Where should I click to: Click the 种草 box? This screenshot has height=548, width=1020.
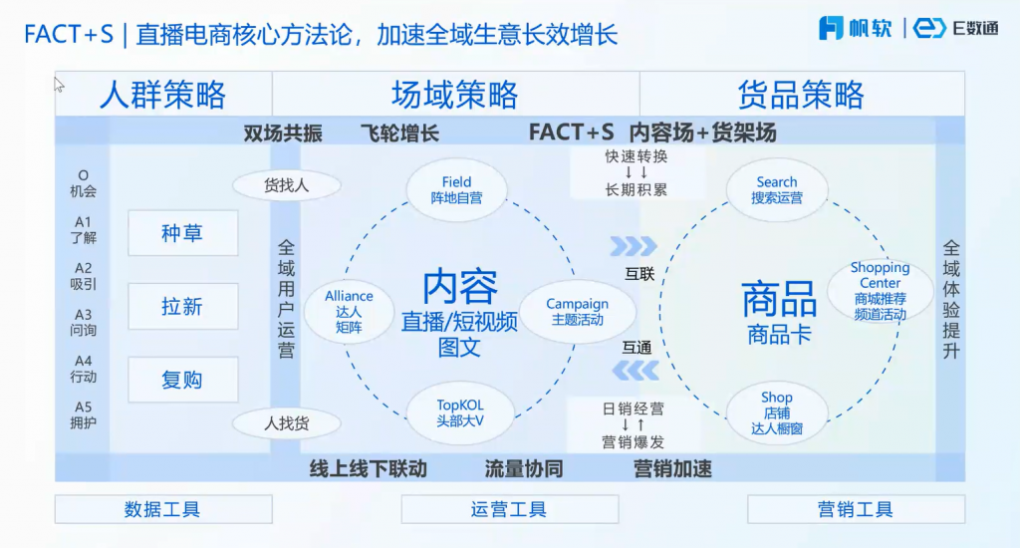tap(183, 233)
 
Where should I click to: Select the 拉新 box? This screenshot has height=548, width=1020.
tap(183, 307)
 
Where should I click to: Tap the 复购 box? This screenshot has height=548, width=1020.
tap(183, 380)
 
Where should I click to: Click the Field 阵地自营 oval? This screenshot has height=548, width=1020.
tap(457, 190)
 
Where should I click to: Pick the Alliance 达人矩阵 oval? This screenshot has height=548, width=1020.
tap(349, 311)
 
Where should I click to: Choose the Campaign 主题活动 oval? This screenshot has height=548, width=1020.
tap(578, 312)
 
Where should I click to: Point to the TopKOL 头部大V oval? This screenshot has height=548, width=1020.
tap(460, 412)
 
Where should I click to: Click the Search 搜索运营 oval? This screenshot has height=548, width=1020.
tap(777, 190)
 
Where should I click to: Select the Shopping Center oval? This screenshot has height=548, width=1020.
tap(880, 291)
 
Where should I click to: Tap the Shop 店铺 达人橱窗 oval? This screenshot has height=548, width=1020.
tap(777, 412)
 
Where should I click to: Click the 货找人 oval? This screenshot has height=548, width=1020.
tap(287, 185)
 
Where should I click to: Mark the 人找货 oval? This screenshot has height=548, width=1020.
tap(287, 423)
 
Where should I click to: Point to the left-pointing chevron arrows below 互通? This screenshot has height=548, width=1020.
tap(634, 372)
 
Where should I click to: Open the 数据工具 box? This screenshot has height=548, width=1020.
tap(163, 509)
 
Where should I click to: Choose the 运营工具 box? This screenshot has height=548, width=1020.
tap(509, 509)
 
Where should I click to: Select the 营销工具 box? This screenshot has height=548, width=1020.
tap(856, 509)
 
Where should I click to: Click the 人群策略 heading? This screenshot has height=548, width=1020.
tap(163, 95)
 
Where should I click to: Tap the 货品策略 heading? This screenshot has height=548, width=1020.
tap(801, 95)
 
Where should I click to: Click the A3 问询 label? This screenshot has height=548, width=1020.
tap(83, 322)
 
